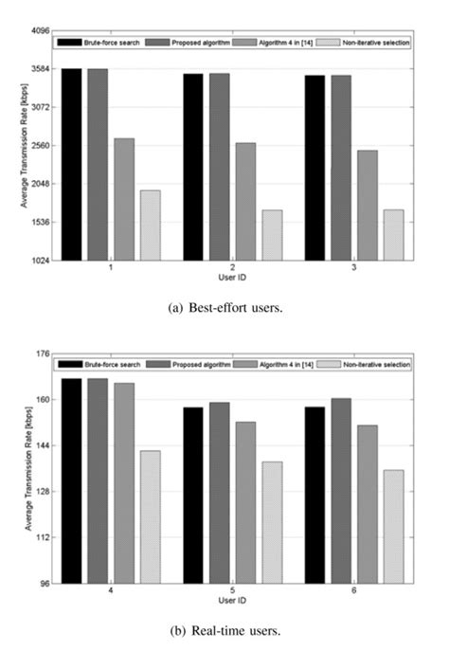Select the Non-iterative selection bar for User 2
coord(273,235)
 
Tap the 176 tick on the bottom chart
coord(43,354)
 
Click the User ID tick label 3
coord(354,269)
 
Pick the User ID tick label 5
coord(233,592)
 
